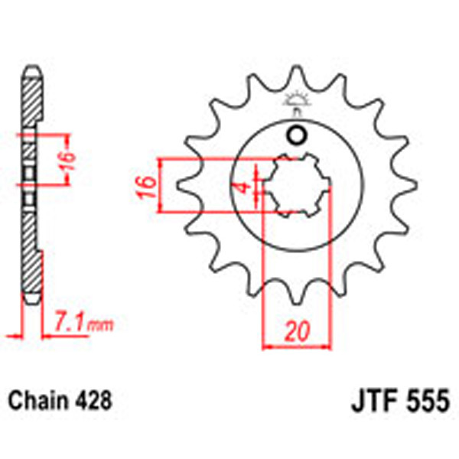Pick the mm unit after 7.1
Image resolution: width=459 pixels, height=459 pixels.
pos(99,327)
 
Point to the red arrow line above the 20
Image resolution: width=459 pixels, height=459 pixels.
pos(298,346)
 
